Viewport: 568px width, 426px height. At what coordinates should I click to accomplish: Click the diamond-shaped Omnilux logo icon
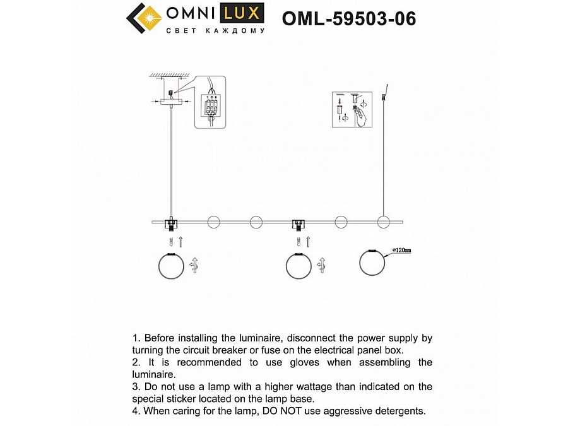(x=145, y=18)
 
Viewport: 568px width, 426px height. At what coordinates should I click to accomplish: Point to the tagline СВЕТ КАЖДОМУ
(x=215, y=30)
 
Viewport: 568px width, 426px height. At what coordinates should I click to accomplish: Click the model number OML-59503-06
(x=349, y=18)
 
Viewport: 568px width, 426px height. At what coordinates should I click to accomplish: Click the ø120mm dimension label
(x=401, y=251)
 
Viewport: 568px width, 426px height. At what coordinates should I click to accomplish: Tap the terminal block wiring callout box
(x=210, y=103)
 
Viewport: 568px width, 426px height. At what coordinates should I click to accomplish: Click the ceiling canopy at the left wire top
(x=170, y=100)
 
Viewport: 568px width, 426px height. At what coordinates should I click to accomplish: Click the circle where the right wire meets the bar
(x=383, y=222)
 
